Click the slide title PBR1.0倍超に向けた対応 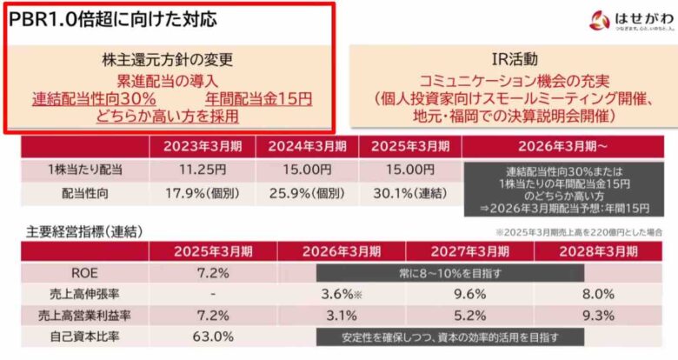113,18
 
